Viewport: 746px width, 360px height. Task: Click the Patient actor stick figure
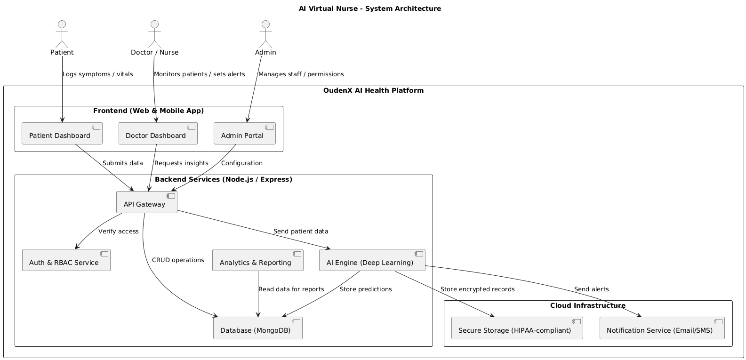coord(62,33)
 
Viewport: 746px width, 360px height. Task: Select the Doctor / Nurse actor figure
coord(154,33)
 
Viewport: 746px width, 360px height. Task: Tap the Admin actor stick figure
coord(265,33)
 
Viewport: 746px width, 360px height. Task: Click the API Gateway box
coord(147,202)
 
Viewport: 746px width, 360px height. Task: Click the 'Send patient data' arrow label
coord(301,232)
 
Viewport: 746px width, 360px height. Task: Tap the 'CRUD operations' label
coord(178,260)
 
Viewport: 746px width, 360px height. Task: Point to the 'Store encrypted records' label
coord(477,289)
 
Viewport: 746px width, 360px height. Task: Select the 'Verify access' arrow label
coord(119,232)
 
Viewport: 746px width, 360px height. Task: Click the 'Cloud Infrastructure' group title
coord(588,306)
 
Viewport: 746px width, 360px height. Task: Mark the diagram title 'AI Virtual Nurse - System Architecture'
coord(370,8)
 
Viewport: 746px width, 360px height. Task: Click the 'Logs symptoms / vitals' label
coord(98,74)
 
